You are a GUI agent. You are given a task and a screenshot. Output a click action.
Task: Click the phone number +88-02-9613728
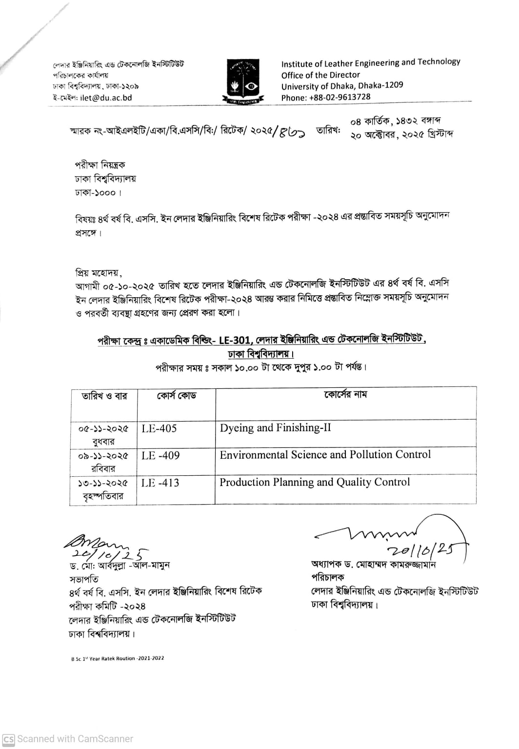click(339, 97)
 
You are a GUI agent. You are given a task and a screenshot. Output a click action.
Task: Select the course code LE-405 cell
click(159, 429)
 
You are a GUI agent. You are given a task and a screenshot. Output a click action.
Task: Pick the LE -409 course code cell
click(160, 456)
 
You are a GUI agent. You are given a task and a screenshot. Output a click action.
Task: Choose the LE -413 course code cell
click(160, 483)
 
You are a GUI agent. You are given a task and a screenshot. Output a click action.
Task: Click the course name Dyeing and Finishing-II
click(275, 428)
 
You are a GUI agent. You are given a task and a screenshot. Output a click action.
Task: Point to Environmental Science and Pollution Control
click(325, 455)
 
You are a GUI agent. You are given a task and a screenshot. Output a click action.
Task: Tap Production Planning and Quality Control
click(315, 482)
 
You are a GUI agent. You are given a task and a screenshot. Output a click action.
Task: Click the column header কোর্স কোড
click(176, 396)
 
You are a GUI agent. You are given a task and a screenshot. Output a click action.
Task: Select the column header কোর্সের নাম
click(345, 394)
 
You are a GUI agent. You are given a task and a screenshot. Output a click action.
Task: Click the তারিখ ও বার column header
click(104, 396)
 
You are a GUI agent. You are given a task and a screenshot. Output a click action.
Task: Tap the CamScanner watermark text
click(75, 739)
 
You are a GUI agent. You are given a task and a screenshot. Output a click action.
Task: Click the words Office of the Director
click(320, 75)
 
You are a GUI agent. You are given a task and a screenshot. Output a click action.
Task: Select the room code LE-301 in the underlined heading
click(235, 341)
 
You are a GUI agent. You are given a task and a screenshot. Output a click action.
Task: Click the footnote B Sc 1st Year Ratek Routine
click(118, 658)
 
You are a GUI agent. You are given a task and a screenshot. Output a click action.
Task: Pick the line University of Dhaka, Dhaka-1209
click(342, 86)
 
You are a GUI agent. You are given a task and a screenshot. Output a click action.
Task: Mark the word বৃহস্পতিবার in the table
click(103, 497)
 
